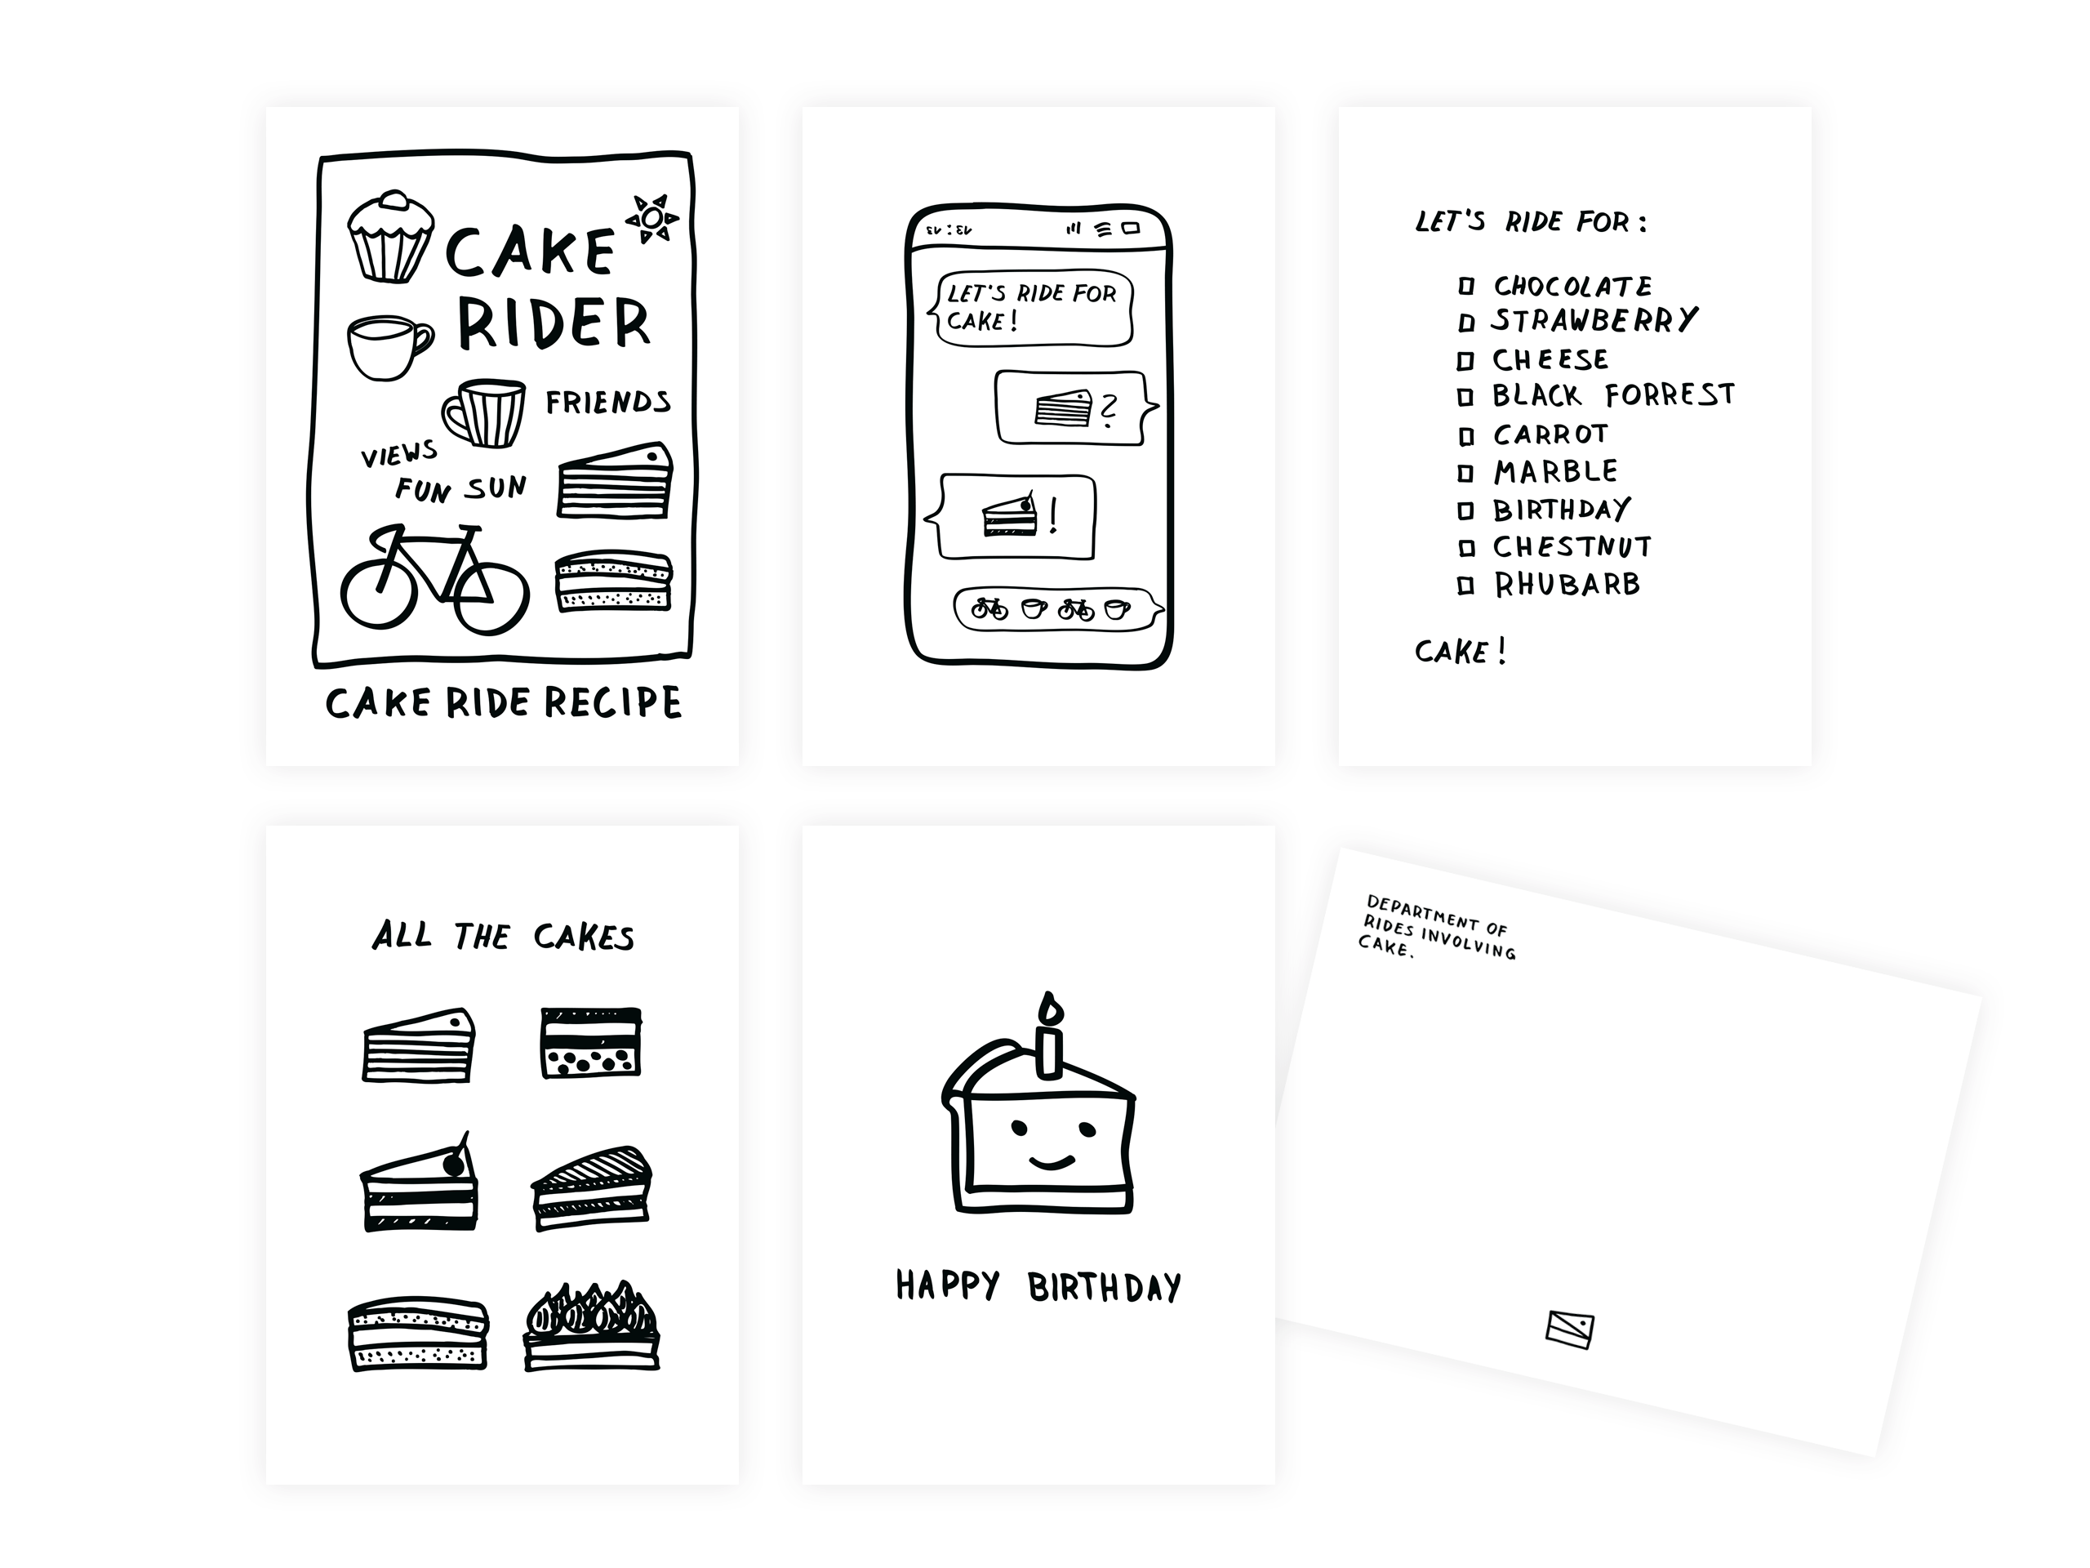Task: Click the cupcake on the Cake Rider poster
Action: (x=390, y=238)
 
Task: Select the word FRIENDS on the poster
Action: (x=607, y=402)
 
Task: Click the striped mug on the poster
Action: (x=486, y=413)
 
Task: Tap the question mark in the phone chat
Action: (x=1109, y=410)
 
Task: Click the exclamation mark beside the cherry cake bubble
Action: (x=1053, y=516)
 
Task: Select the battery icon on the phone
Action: (x=1131, y=228)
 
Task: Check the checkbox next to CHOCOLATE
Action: (x=1466, y=286)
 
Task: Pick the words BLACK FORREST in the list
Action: (x=1613, y=395)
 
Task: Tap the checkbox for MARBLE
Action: (x=1465, y=473)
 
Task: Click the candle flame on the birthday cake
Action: (x=1050, y=1009)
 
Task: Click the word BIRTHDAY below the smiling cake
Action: (x=1104, y=1287)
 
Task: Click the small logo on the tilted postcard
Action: (x=1569, y=1329)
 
